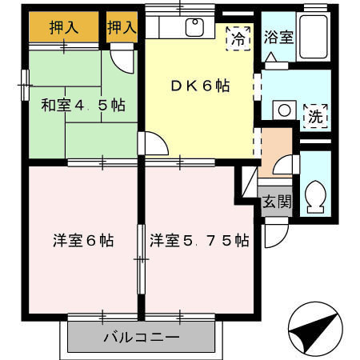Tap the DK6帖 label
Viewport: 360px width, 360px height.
199,86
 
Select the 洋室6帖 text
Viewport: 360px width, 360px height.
83,239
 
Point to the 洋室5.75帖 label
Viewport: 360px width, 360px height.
199,239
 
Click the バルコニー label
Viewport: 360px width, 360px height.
141,337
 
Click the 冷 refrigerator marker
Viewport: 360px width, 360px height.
238,38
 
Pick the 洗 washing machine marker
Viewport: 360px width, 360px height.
316,115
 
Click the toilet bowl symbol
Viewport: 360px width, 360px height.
314,196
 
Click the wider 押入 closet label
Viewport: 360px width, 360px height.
63,27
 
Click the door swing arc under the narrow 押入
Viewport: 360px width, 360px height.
122,58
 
